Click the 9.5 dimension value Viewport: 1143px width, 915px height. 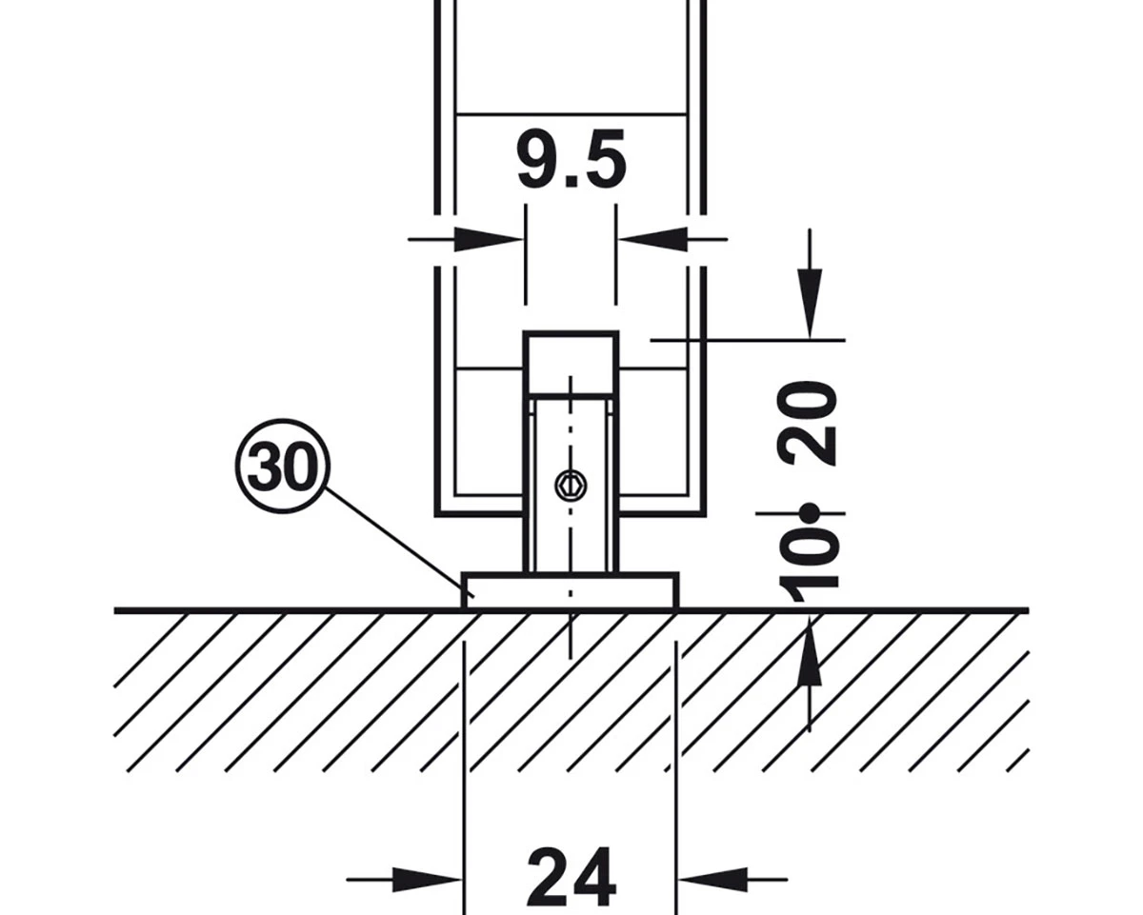click(x=571, y=159)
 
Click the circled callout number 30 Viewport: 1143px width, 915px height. click(x=281, y=467)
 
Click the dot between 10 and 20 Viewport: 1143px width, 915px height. click(x=811, y=514)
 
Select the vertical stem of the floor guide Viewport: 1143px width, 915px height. click(x=570, y=533)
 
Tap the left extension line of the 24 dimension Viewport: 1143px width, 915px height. click(x=463, y=762)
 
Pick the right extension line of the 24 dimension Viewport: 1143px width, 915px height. click(x=675, y=762)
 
